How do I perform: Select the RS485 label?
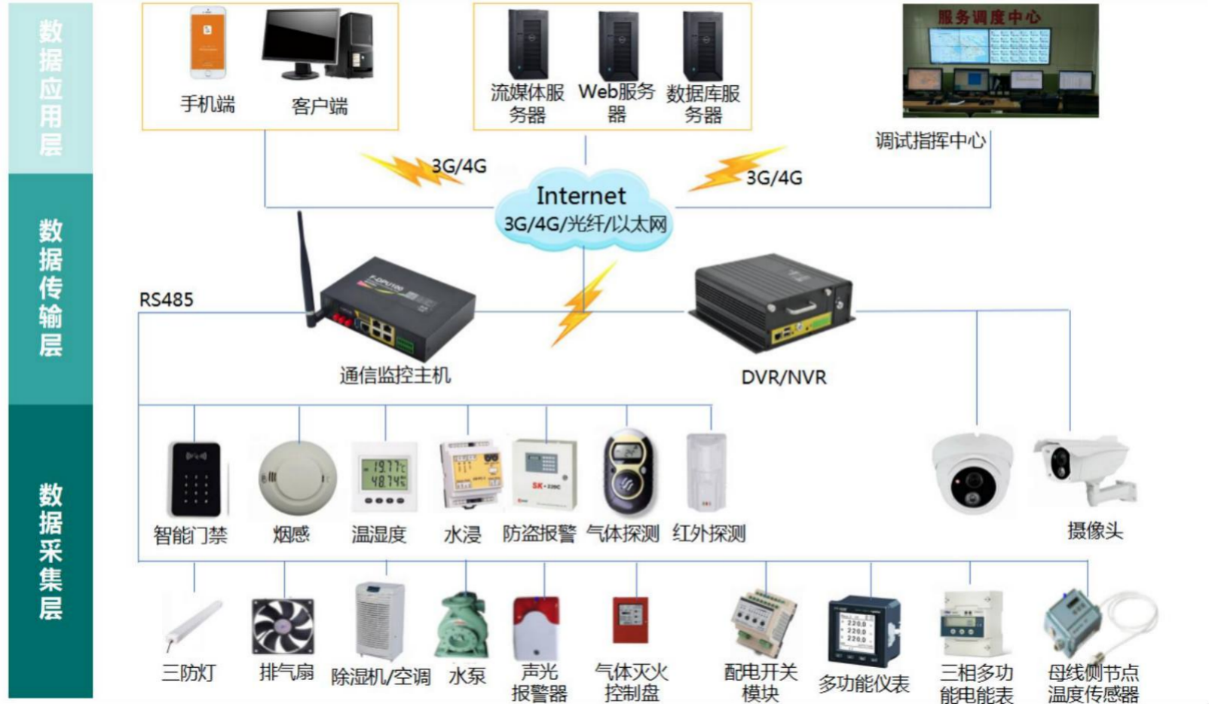tap(166, 300)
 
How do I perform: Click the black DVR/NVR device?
tap(773, 301)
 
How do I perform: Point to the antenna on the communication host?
tap(305, 264)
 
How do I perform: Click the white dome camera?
tap(972, 472)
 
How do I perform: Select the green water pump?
tap(462, 626)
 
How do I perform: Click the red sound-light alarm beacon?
tap(535, 627)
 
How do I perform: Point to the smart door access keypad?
tap(196, 479)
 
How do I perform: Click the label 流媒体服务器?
tap(527, 103)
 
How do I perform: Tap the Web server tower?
tap(618, 45)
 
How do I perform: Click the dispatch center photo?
tap(1000, 61)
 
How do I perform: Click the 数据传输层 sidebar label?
tap(51, 288)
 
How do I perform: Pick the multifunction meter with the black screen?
tap(863, 630)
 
